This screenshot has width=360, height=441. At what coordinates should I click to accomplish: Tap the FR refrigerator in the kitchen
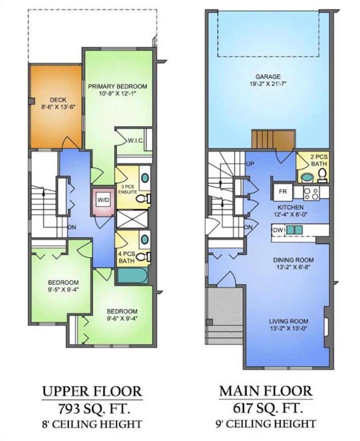pyautogui.click(x=283, y=192)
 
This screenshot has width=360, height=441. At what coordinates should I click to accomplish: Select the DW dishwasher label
pyautogui.click(x=278, y=230)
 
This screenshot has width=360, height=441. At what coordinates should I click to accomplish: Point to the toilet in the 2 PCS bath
pyautogui.click(x=322, y=175)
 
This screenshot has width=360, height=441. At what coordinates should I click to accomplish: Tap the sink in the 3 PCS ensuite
pyautogui.click(x=145, y=178)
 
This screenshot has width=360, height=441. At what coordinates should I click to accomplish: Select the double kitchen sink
pyautogui.click(x=294, y=230)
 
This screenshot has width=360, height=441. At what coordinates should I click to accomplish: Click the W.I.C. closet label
pyautogui.click(x=136, y=140)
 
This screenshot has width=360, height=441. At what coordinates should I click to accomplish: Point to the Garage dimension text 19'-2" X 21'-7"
pyautogui.click(x=268, y=84)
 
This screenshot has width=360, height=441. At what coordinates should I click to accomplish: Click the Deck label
pyautogui.click(x=58, y=100)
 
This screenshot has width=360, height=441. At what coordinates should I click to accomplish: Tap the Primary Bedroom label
pyautogui.click(x=118, y=86)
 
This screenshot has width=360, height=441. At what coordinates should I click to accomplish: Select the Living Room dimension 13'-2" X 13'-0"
pyautogui.click(x=289, y=328)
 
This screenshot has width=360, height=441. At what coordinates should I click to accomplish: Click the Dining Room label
pyautogui.click(x=293, y=260)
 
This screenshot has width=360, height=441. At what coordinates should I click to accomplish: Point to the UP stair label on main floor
pyautogui.click(x=250, y=163)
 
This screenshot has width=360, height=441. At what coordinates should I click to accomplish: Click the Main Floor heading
pyautogui.click(x=266, y=391)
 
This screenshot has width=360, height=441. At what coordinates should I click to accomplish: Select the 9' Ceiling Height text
pyautogui.click(x=266, y=423)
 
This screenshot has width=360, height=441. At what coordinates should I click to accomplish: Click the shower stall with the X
pyautogui.click(x=132, y=219)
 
